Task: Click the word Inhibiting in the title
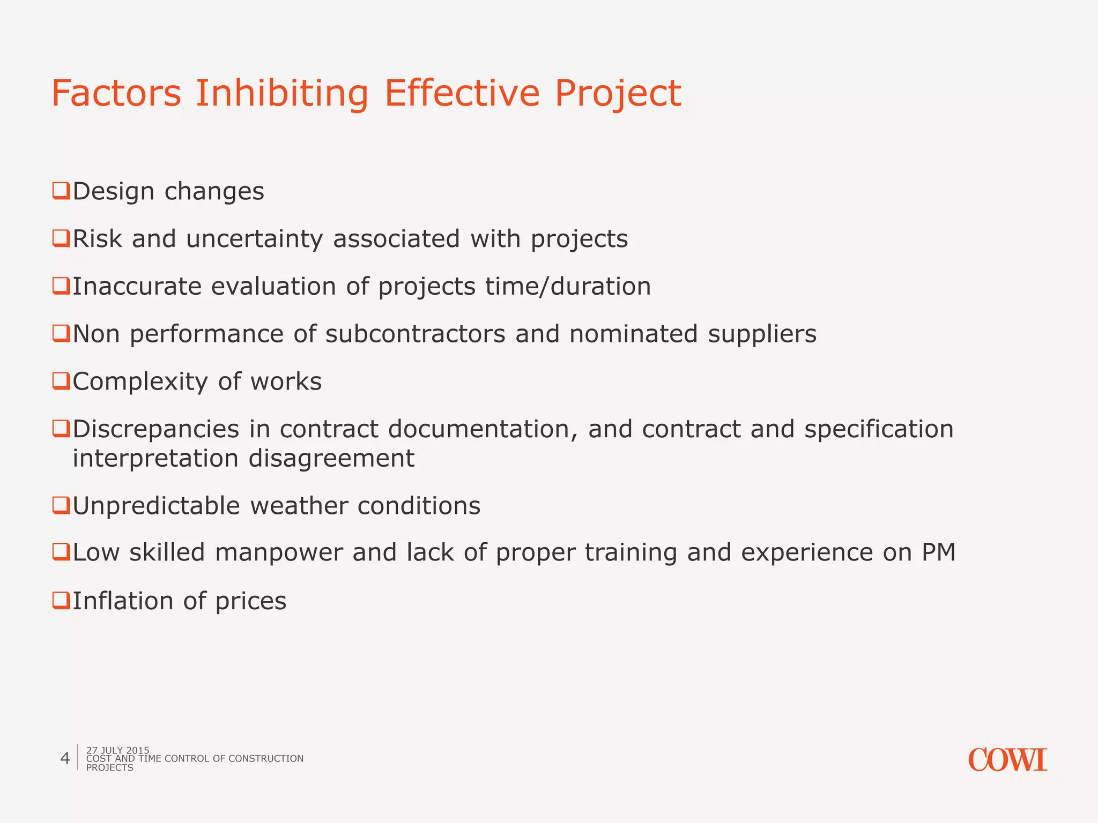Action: [281, 94]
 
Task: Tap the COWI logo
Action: [1007, 760]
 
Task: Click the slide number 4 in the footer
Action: [65, 758]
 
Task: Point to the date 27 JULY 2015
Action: [118, 750]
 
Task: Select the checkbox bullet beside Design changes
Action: [61, 191]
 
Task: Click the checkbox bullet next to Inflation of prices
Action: [61, 600]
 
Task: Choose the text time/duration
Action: [568, 286]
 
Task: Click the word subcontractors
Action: [416, 334]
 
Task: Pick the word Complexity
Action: [140, 382]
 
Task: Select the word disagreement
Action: [331, 459]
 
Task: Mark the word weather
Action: [298, 506]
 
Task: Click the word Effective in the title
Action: [462, 94]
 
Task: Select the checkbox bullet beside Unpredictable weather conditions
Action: [61, 505]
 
